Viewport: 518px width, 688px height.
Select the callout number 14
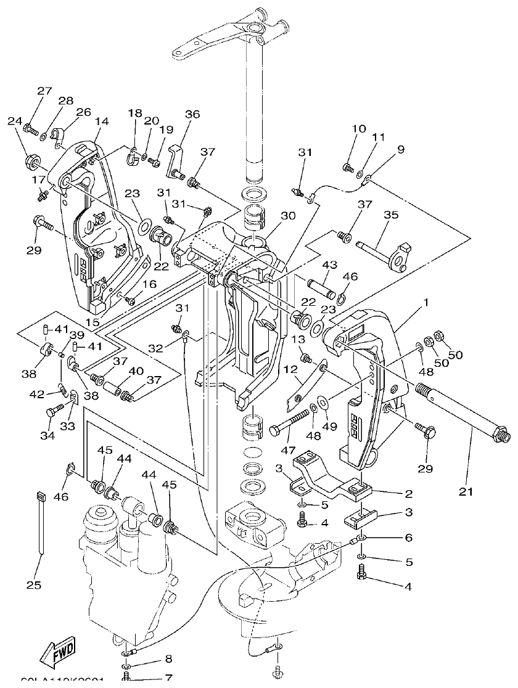point(101,121)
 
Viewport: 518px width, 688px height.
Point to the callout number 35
point(391,215)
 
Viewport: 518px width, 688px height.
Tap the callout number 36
point(193,114)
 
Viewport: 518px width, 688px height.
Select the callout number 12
point(290,369)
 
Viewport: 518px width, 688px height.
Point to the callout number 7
point(168,678)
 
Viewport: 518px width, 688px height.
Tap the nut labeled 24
point(30,162)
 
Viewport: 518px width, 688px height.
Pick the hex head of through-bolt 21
point(501,435)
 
